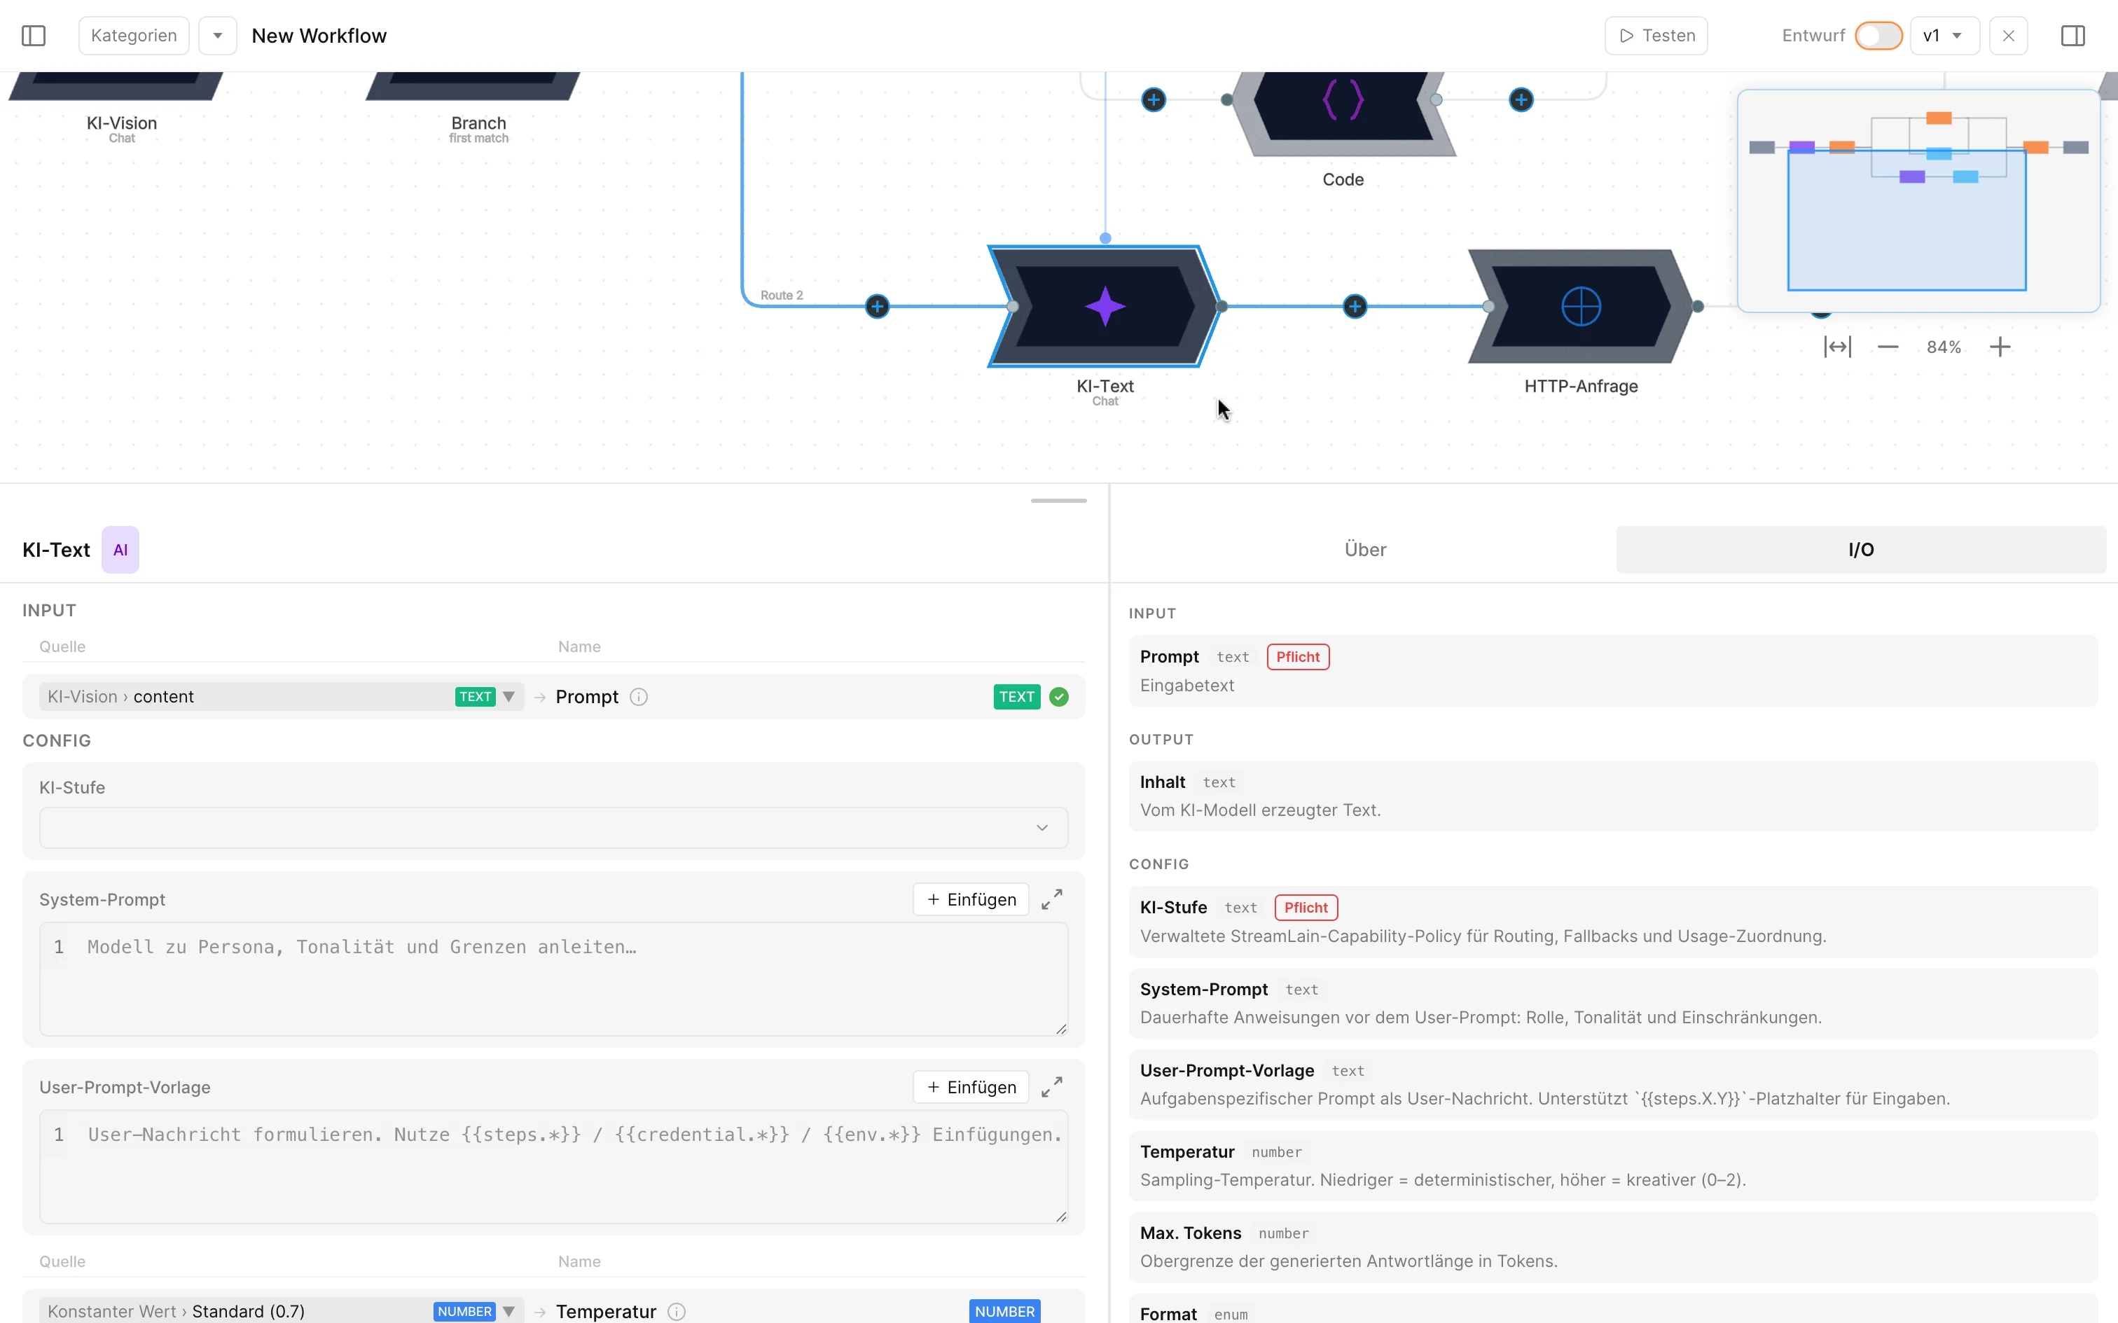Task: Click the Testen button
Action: [1656, 36]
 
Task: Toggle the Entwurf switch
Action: [1878, 36]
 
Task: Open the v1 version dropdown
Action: [1944, 36]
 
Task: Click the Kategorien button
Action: [134, 36]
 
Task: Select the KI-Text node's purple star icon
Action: [1105, 306]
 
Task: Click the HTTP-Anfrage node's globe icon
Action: [1581, 306]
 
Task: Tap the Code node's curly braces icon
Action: [1343, 99]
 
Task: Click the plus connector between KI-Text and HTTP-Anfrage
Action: [1355, 306]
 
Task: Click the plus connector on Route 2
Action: [877, 306]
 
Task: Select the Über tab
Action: [1365, 550]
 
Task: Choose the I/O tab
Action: [1861, 550]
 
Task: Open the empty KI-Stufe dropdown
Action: [553, 828]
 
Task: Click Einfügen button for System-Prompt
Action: [971, 899]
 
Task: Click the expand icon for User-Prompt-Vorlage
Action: [1051, 1087]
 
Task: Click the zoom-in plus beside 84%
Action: [2000, 347]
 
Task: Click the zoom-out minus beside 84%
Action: [1888, 347]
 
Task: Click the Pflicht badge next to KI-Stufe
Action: [1306, 908]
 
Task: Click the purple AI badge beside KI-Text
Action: [120, 550]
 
